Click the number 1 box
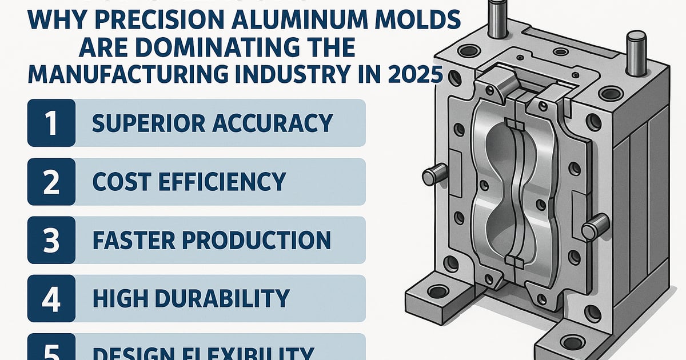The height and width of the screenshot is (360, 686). click(51, 123)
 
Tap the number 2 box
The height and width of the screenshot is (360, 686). click(51, 182)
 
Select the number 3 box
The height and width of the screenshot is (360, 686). click(51, 240)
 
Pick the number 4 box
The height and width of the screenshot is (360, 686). click(51, 298)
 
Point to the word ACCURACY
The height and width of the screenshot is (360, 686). click(278, 123)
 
